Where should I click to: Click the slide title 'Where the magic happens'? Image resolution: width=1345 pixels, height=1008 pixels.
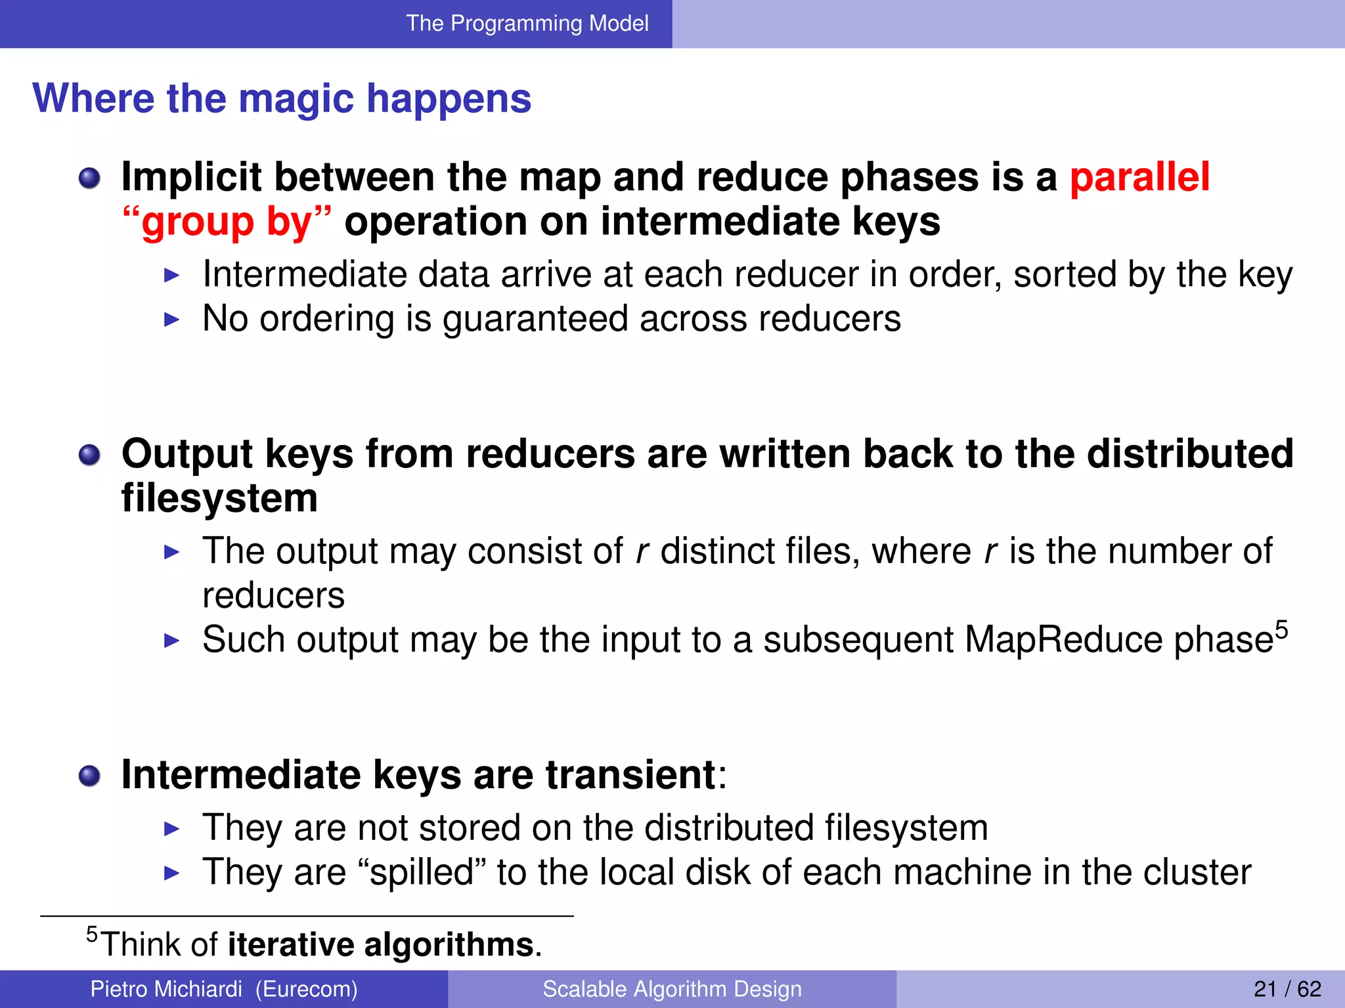coord(282,98)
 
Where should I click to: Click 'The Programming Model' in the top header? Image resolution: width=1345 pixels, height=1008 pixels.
coord(527,24)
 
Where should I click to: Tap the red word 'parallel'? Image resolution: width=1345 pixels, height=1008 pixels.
coord(1139,177)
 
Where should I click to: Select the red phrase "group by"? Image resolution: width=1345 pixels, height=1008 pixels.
coord(227,222)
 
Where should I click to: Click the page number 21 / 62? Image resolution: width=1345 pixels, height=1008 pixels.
coord(1287,988)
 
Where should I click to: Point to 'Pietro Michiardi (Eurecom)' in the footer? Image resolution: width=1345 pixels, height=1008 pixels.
coord(224,988)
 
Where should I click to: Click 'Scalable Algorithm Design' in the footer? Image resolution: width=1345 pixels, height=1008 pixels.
coord(672,988)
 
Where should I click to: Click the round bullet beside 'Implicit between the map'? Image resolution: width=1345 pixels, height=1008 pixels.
coord(89,178)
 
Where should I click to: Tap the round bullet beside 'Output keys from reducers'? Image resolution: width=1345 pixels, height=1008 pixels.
coord(89,455)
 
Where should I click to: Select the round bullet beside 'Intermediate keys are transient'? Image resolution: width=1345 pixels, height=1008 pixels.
coord(89,776)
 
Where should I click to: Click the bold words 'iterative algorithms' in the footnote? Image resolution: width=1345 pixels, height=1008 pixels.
coord(380,944)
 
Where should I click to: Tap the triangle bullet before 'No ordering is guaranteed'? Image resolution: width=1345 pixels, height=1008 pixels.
coord(171,320)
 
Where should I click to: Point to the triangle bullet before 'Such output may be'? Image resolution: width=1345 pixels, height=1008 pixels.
coord(171,640)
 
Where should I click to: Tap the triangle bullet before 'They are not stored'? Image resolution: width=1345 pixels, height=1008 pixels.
coord(171,829)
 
